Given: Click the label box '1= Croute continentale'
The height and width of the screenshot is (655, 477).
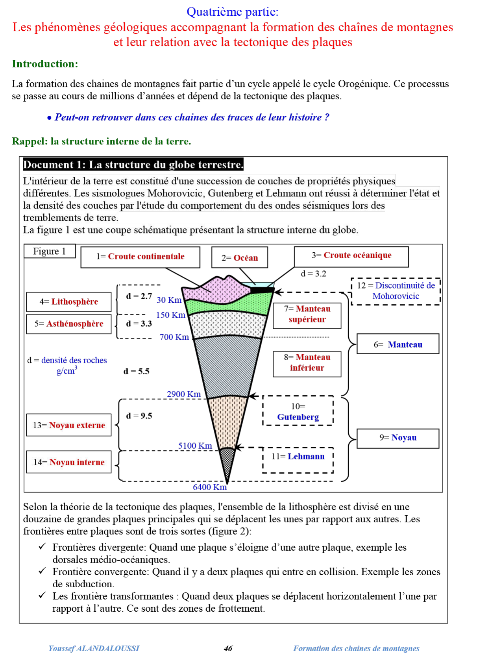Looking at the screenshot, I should coord(140,257).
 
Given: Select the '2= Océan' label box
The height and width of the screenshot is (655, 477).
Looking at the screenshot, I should coord(239,258).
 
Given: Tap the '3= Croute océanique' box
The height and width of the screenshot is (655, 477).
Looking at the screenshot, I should coord(351,256).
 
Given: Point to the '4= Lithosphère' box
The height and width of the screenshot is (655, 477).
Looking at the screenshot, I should coord(69,302).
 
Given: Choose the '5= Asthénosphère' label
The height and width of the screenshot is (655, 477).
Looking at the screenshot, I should coord(69,324).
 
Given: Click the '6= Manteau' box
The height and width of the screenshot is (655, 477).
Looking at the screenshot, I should coord(397,344).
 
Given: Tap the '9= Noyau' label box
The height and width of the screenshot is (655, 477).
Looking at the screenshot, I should coord(397,438).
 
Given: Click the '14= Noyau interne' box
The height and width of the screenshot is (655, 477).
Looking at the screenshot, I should coord(69,463).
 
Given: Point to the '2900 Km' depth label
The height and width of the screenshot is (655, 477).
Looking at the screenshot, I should coord(184,394).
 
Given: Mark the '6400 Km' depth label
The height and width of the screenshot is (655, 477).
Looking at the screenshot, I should coord(210,487).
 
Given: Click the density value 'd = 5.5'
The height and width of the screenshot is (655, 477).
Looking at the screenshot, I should coord(136,371).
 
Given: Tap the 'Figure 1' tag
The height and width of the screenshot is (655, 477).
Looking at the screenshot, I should coord(50,252).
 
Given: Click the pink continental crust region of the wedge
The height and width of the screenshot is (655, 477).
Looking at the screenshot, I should coord(213,289).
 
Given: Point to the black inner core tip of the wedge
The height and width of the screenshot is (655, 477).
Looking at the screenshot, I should coord(227,464).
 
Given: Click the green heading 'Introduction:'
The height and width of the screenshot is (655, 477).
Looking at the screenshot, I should coord(45,64).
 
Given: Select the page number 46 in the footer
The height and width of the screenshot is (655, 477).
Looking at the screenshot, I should coord(228,648).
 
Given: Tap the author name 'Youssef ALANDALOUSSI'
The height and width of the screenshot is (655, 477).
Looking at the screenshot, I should coord(94,648).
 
